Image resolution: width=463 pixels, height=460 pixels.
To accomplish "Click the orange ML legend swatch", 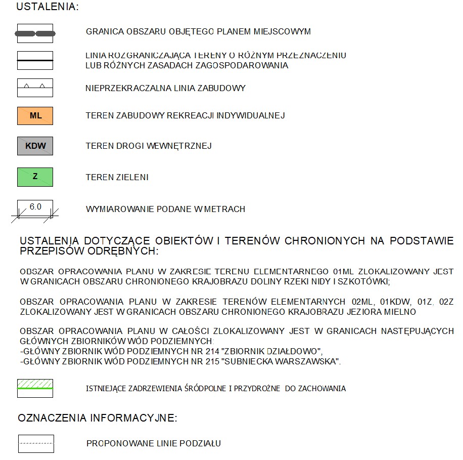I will (35, 116).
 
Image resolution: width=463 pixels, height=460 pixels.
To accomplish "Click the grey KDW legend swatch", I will (35, 146).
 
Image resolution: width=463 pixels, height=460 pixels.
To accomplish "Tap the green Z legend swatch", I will (35, 177).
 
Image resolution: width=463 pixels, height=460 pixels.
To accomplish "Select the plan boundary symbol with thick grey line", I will (35, 33).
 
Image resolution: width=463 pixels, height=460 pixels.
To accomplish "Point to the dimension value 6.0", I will (35, 206).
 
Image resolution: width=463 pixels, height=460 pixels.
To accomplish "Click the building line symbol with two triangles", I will (35, 88).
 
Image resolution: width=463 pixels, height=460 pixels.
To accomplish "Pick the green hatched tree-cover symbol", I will (35, 388).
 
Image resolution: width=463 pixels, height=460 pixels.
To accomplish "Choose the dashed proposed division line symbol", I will (35, 443).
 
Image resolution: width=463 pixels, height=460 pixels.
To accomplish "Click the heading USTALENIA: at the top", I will (48, 7).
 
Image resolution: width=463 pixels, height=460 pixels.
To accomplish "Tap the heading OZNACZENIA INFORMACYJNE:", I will (97, 418).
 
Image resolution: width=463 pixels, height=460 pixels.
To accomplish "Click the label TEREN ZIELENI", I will (117, 178).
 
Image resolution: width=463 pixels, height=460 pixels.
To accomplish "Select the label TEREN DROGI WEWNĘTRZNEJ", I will (149, 146).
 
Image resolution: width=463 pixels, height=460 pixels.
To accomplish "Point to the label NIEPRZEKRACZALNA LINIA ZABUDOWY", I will (165, 88).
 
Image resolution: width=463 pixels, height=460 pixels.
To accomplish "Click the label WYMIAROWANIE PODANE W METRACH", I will (165, 209).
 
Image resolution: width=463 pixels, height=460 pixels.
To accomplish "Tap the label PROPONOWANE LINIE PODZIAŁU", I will (154, 444).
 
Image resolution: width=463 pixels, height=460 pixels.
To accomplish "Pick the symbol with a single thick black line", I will (35, 60).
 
